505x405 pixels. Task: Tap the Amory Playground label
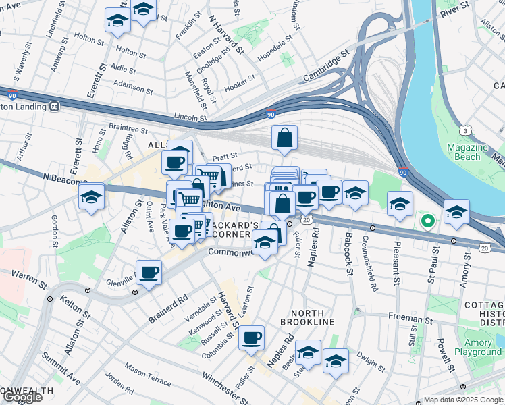point(477,347)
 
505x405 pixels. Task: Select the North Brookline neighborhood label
point(312,317)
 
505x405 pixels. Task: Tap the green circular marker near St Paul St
point(427,220)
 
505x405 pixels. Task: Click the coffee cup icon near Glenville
point(149,273)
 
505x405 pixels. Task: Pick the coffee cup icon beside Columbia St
point(251,337)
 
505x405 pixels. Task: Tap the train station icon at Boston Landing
point(53,107)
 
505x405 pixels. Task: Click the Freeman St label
point(410,318)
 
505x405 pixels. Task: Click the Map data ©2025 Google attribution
point(462,400)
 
